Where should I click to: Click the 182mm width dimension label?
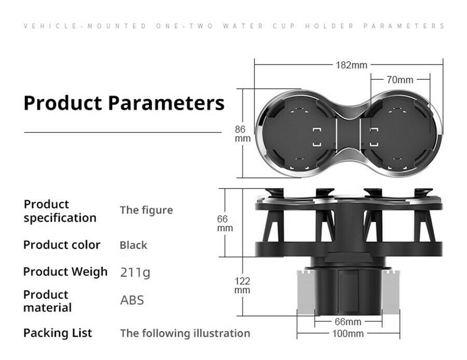(351, 65)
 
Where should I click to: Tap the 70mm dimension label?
(400, 80)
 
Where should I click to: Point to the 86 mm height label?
(242, 134)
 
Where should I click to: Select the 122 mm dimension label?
(242, 285)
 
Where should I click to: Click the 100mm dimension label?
(348, 334)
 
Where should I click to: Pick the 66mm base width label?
(348, 322)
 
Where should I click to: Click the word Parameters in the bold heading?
(166, 103)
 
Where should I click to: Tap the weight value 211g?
(135, 272)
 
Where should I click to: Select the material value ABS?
(132, 300)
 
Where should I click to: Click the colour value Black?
(133, 245)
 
